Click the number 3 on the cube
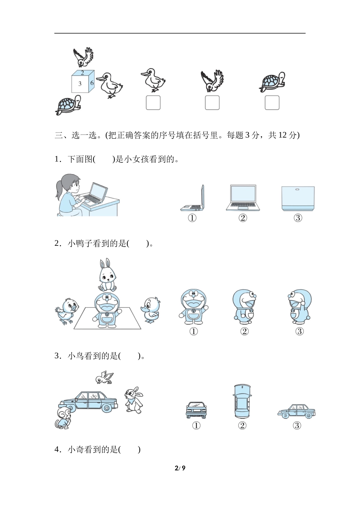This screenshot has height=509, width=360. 80,84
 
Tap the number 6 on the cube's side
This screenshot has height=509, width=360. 92,83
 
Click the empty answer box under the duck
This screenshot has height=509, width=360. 153,103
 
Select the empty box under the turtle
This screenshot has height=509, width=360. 272,103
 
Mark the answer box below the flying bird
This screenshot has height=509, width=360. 212,103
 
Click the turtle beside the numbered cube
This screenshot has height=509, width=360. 68,105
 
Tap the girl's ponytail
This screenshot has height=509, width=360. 58,190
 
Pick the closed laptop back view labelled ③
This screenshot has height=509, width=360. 298,198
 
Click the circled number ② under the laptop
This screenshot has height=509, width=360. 243,218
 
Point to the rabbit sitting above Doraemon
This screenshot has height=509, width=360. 108,275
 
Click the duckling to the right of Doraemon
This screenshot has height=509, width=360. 150,309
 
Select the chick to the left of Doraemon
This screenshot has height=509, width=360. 67,311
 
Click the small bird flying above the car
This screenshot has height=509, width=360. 104,378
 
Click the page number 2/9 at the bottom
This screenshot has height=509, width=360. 180,468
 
